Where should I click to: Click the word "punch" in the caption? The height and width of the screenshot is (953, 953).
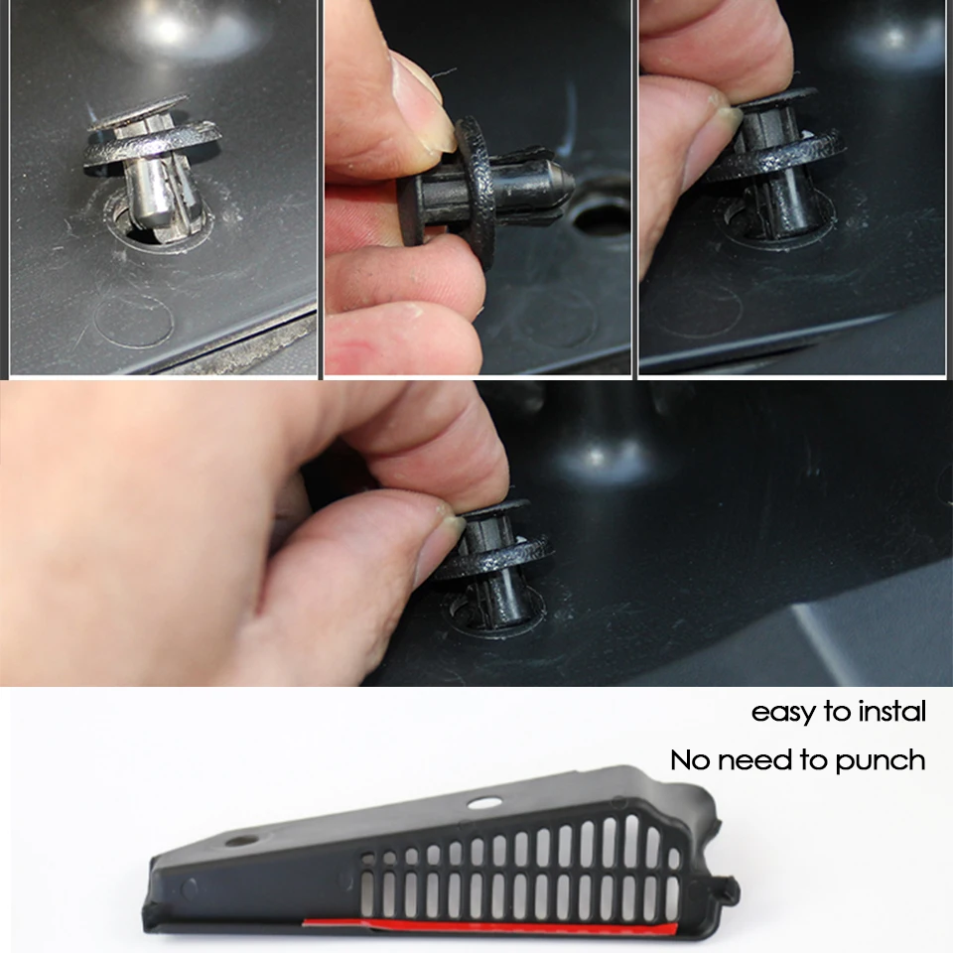point(881,761)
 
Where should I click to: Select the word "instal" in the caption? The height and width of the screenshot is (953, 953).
point(891,711)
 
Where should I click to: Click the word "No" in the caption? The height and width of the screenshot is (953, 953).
point(690,759)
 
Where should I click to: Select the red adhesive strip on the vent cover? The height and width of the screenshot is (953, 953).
point(489,926)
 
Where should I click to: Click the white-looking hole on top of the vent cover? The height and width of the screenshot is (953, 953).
point(484,803)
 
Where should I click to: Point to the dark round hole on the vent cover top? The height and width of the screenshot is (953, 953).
point(242,841)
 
